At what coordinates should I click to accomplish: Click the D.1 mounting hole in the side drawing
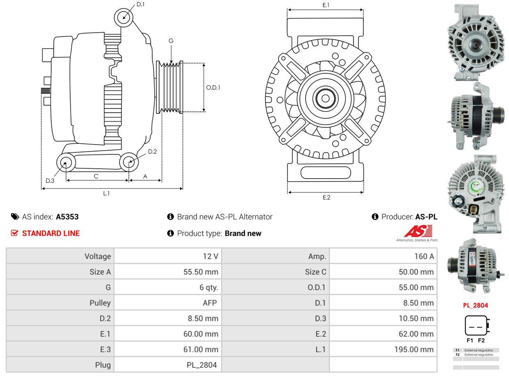[123, 18]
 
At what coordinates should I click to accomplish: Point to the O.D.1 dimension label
[213, 87]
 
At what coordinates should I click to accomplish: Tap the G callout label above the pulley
[171, 41]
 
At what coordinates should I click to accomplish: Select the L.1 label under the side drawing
[106, 193]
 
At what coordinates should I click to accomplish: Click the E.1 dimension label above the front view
[326, 5]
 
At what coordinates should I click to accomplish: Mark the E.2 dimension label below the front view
[326, 197]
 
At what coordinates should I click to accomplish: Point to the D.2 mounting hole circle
[129, 162]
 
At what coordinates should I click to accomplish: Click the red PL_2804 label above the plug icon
[475, 305]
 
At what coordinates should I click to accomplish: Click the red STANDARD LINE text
[50, 233]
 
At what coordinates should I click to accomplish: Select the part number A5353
[67, 217]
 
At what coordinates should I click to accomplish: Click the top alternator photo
[476, 42]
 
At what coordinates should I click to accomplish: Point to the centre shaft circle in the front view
[325, 98]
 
